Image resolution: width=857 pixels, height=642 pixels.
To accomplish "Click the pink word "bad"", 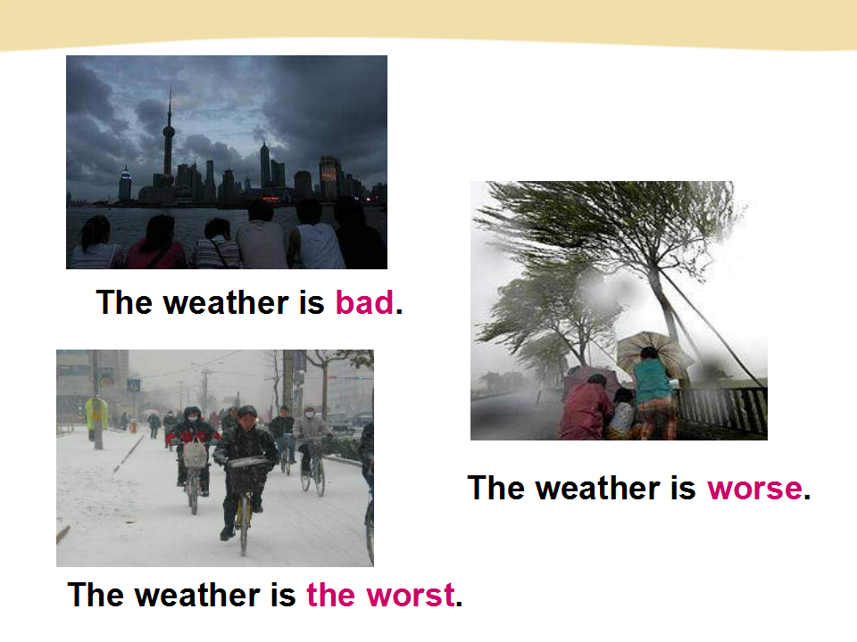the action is tap(364, 302).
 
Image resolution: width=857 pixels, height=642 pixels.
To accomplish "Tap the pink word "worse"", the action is tap(755, 488).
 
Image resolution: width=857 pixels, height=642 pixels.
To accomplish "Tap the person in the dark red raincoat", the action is tap(586, 407).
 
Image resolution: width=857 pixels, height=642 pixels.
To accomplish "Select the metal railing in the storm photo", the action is tap(721, 410).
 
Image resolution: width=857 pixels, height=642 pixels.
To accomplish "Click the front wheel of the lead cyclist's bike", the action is tap(244, 524).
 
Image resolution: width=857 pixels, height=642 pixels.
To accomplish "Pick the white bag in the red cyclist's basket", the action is tap(196, 454).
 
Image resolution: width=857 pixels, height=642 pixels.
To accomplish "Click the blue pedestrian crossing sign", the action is tap(133, 385).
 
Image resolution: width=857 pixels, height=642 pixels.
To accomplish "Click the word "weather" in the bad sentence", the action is tap(226, 302).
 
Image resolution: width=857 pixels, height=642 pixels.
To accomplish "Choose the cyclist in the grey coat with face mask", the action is tap(311, 440).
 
